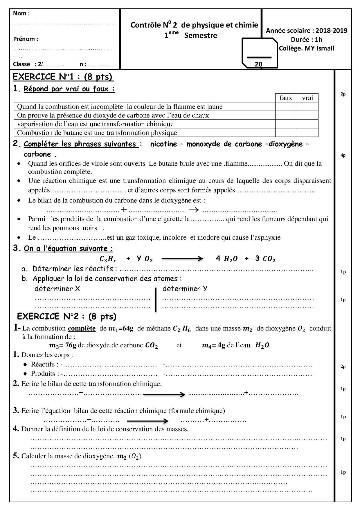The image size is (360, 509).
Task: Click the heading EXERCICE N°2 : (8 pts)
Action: [67, 316]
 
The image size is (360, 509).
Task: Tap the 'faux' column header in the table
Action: [286, 98]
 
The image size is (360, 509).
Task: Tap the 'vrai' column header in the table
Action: [307, 98]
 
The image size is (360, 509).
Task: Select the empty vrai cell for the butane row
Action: [307, 133]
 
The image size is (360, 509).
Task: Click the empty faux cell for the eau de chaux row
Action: [286, 115]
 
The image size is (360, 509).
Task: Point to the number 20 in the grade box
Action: [258, 64]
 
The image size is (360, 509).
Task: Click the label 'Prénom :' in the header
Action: [26, 39]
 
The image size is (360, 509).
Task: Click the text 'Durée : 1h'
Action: [307, 39]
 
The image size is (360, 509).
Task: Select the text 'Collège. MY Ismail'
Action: [307, 48]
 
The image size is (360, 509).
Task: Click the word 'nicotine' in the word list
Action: [163, 144]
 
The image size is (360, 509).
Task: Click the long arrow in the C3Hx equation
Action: [182, 259]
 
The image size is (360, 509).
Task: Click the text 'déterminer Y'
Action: [185, 289]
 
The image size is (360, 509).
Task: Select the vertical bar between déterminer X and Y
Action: [156, 299]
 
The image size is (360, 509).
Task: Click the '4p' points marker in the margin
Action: [343, 155]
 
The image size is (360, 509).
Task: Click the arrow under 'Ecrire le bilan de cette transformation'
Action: [164, 394]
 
